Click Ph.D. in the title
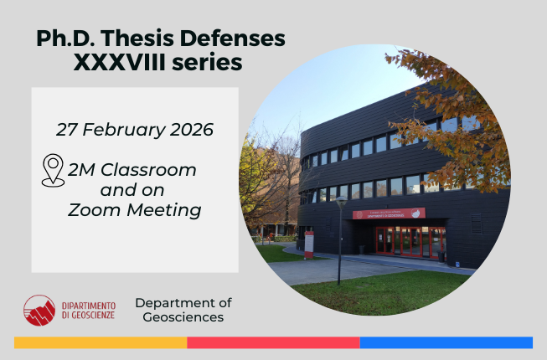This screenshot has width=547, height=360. click(x=66, y=39)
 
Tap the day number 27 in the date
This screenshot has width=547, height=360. click(x=67, y=130)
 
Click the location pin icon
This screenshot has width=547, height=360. click(x=53, y=169)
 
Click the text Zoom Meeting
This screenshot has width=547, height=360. click(x=135, y=210)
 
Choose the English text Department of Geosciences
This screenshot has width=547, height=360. click(x=183, y=310)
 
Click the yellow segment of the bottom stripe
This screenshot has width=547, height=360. click(x=101, y=342)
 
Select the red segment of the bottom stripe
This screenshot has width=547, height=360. click(x=273, y=342)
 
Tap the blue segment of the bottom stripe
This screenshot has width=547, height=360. click(x=446, y=342)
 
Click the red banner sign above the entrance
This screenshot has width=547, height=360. click(x=388, y=213)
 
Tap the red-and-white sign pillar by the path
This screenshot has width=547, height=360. click(x=309, y=244)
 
